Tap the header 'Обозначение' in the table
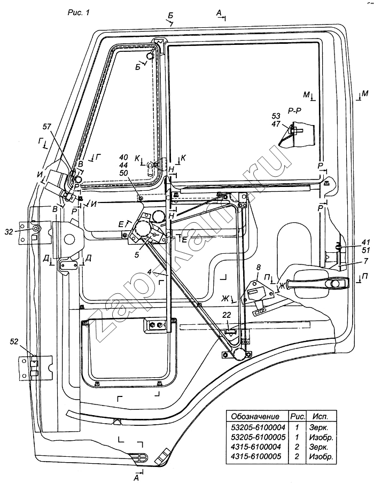click(x=253, y=416)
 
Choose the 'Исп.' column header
click(x=321, y=416)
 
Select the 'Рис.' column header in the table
click(x=294, y=416)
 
